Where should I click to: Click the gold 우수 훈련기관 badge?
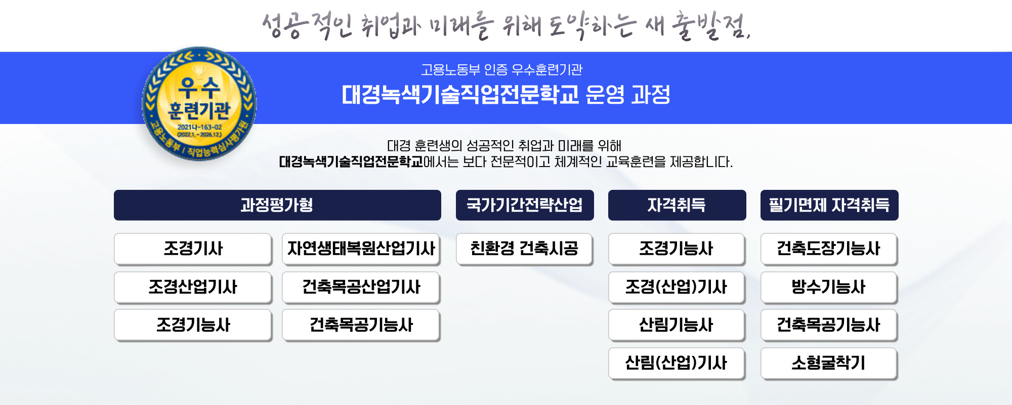199,104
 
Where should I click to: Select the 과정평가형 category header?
277,205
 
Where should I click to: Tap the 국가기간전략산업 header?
525,205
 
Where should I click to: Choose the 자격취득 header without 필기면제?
677,205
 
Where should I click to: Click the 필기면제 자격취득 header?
829,205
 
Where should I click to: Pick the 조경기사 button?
193,249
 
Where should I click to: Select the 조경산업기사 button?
193,287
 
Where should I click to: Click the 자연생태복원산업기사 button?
361,249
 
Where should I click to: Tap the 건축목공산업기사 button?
361,287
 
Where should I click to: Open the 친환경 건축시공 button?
524,249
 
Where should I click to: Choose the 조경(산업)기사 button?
677,287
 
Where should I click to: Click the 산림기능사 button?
677,325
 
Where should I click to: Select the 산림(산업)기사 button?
677,363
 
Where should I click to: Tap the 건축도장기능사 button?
829,249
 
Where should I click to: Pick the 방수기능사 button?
829,287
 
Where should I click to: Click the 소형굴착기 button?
829,363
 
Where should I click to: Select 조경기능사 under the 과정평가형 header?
193,325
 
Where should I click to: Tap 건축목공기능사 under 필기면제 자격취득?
829,325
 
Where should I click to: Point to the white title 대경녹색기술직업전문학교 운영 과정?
506,95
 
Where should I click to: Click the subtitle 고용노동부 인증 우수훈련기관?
502,69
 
